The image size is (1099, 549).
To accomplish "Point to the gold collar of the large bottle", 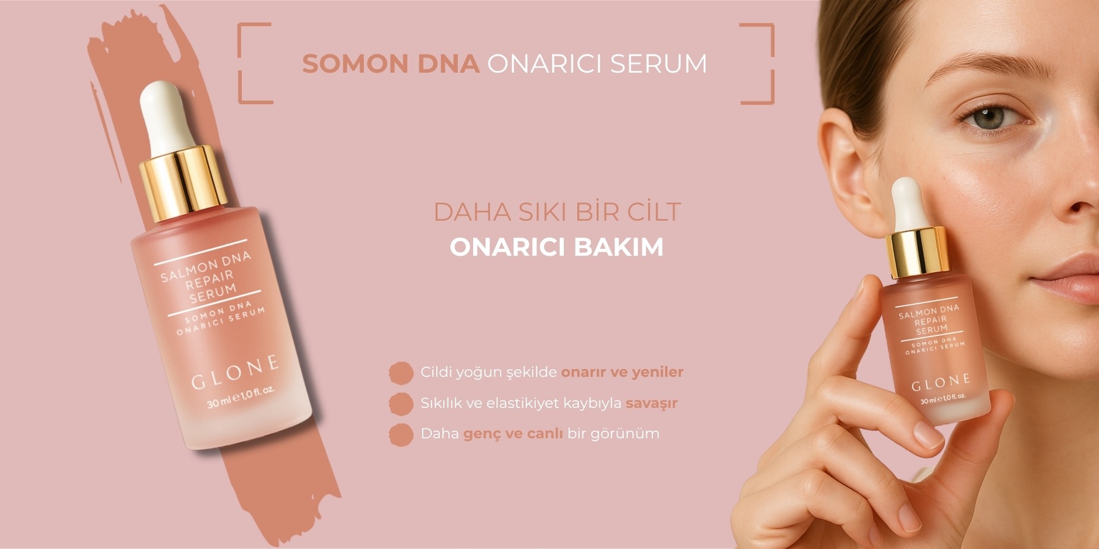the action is tap(183, 183).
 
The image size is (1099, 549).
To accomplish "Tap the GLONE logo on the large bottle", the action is tap(235, 372).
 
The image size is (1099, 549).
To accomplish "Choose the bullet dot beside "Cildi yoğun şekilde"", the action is tap(401, 373).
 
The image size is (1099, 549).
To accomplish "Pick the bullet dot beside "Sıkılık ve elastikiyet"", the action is tap(401, 404).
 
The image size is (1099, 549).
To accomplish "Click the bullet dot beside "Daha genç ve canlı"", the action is tap(401, 435).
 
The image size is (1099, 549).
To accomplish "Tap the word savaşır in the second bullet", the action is tap(651, 404).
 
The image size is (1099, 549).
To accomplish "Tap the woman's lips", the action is tap(1066, 280).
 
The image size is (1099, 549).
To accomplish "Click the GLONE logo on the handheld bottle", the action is tap(940, 383).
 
